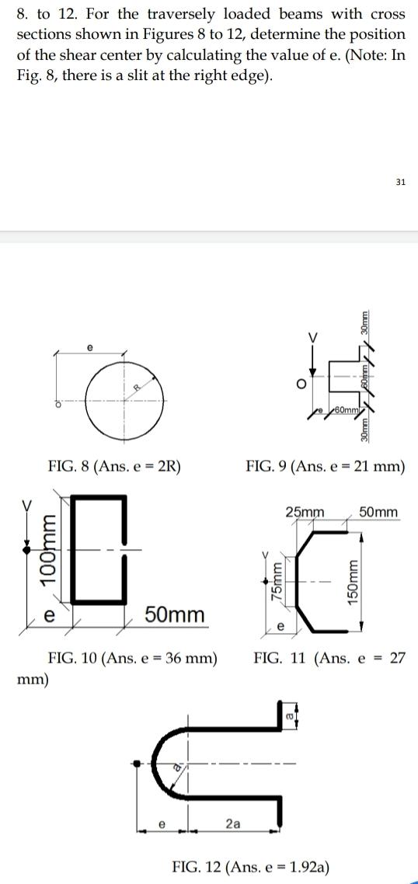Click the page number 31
click(400, 182)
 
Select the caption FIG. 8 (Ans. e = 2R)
click(114, 467)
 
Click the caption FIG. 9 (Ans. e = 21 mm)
click(325, 467)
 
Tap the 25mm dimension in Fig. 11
click(305, 513)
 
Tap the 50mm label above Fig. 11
click(379, 513)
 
